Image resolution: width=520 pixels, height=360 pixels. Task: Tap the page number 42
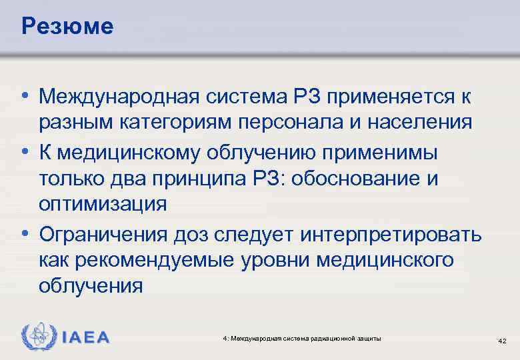point(503,341)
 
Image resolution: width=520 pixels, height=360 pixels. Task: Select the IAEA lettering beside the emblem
point(86,337)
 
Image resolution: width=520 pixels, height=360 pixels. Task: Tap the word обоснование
point(355,178)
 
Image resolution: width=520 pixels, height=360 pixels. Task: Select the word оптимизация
point(103,203)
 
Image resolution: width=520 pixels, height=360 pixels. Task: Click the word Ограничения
point(104,234)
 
